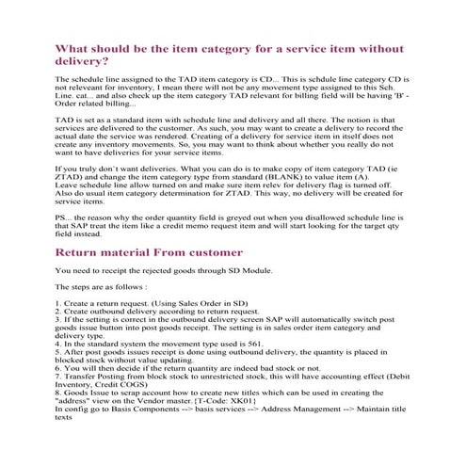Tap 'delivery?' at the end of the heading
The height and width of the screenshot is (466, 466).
(83, 61)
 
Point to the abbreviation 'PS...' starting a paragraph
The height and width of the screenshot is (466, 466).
(64, 217)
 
